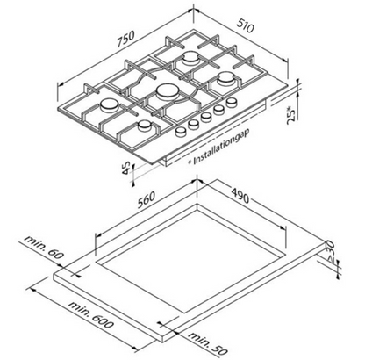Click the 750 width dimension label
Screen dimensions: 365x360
[x=125, y=39]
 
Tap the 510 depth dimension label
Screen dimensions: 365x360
[x=245, y=26]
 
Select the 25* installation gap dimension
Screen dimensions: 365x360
[x=291, y=115]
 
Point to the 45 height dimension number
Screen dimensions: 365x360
[x=126, y=169]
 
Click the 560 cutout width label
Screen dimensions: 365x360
[x=146, y=199]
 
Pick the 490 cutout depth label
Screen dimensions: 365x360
[x=240, y=195]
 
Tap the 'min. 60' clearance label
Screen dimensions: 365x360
[x=44, y=248]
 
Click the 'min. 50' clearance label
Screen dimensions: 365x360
[x=207, y=342]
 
